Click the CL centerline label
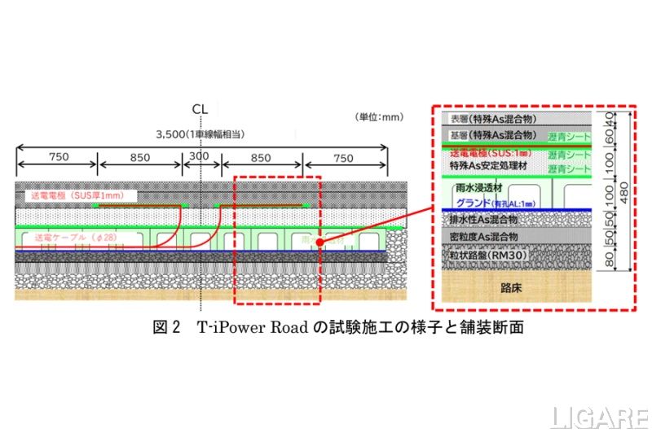pos(200,108)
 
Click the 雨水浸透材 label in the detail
pos(484,188)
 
